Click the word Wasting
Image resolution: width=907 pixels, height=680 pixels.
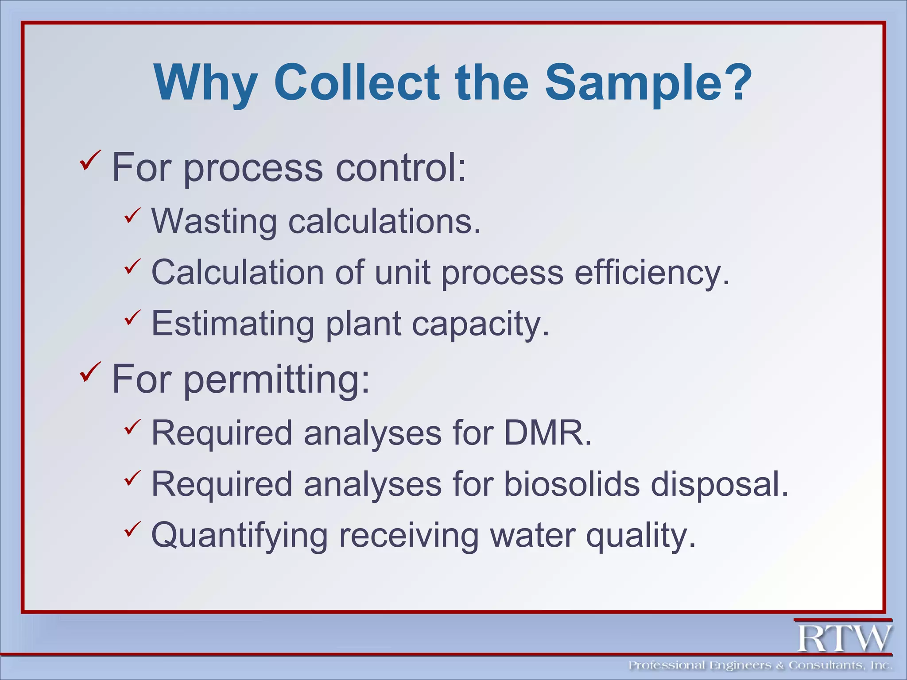pyautogui.click(x=214, y=221)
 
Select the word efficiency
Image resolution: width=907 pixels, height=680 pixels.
pyautogui.click(x=651, y=272)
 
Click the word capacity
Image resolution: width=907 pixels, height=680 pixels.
pyautogui.click(x=481, y=325)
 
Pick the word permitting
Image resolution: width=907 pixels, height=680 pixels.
pyautogui.click(x=276, y=379)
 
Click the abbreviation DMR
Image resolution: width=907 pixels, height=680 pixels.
pyautogui.click(x=547, y=433)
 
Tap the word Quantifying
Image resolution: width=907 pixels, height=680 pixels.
pyautogui.click(x=240, y=536)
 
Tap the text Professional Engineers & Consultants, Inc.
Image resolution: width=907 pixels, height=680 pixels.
pyautogui.click(x=760, y=665)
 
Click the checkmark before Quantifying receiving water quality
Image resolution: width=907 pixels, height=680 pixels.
pyautogui.click(x=132, y=529)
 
